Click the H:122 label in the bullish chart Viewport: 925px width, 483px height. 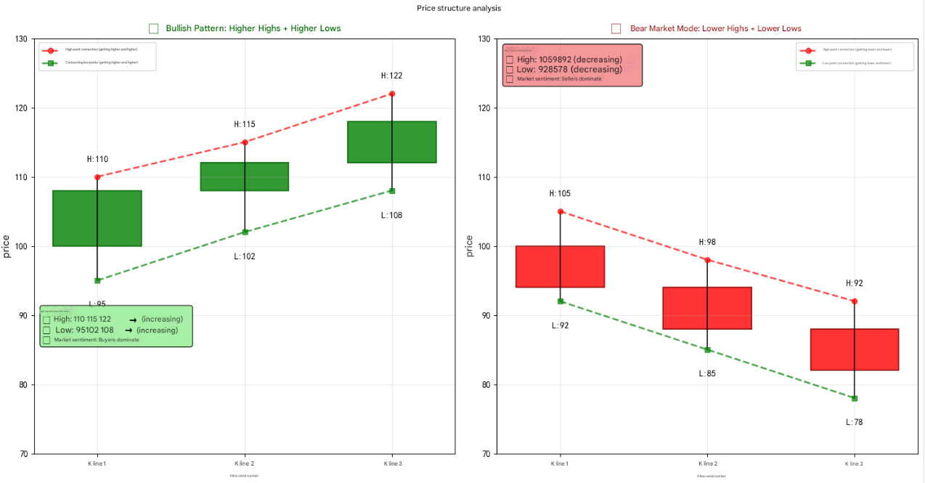coord(391,76)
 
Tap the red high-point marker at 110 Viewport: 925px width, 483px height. coord(97,177)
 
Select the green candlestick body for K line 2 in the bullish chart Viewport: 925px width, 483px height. coord(245,176)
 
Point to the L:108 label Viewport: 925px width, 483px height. coord(391,215)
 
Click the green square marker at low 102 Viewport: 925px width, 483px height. coord(245,232)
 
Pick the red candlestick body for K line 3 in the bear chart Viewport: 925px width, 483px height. coord(855,349)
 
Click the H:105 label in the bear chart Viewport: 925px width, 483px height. coord(560,194)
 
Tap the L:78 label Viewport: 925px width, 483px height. coord(855,422)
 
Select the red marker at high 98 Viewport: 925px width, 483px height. coord(707,260)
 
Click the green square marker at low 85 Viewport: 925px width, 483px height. coord(707,350)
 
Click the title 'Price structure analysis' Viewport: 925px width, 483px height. coord(458,9)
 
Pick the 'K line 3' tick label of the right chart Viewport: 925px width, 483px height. coord(854,463)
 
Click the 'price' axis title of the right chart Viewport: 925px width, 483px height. coord(469,246)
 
